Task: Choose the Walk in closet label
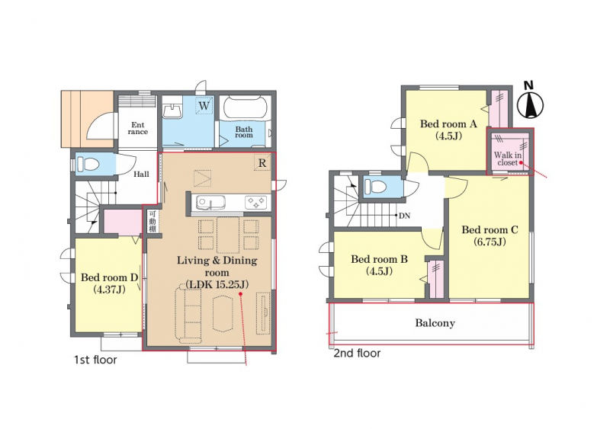[x=508, y=158]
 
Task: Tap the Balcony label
[x=435, y=323]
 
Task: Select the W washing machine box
[x=204, y=105]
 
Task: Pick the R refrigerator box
[x=262, y=163]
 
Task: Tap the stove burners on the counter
[x=255, y=203]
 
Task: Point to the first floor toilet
[x=88, y=164]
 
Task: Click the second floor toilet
[x=375, y=187]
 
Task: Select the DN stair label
[x=405, y=216]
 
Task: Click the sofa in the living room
[x=188, y=313]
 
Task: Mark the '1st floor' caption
[x=96, y=360]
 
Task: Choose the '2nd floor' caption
[x=357, y=353]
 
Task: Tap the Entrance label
[x=138, y=128]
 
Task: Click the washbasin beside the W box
[x=172, y=110]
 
